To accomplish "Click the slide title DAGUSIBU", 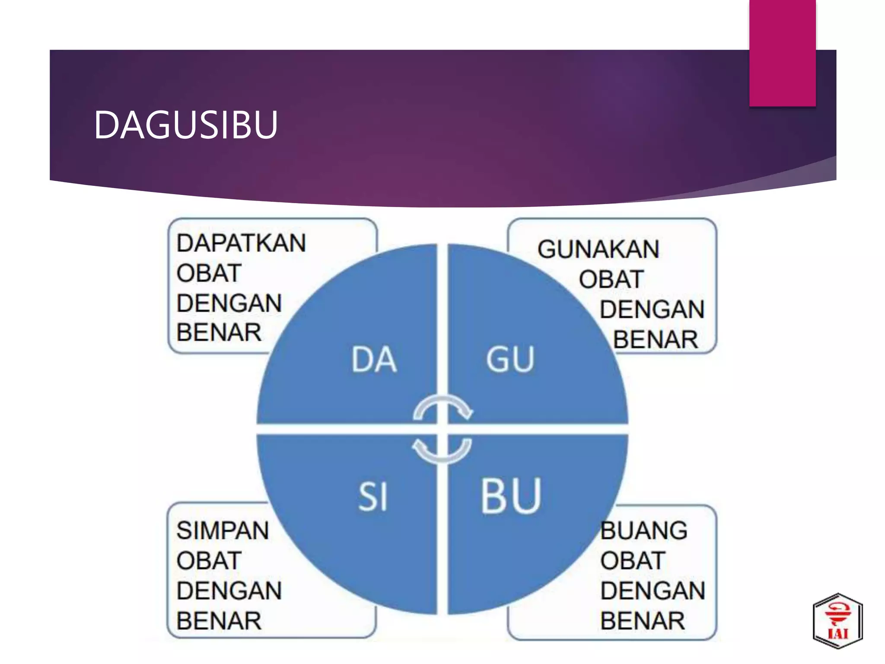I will pos(186,125).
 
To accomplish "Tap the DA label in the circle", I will pos(374,360).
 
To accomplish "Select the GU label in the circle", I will pos(510,360).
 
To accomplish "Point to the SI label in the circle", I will pos(372,497).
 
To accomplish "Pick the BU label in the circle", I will pos(511,495).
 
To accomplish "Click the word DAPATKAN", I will pos(241,243).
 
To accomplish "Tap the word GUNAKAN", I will pos(598,249).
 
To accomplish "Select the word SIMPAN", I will pos(223,530).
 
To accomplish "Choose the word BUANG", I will pos(644,530).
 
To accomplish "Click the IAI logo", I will pos(837,621).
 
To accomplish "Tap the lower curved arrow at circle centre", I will pos(442,451).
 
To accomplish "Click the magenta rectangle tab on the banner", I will pos(783,53).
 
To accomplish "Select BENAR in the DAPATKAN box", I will pos(219,332).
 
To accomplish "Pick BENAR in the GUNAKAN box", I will pos(656,339).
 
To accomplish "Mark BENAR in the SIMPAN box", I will pos(219,621).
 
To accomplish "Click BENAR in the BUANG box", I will pos(643,621).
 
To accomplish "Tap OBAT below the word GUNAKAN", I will pos(611,279).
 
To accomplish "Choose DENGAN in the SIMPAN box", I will pos(229,591).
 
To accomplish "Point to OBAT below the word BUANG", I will pos(633,561).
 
